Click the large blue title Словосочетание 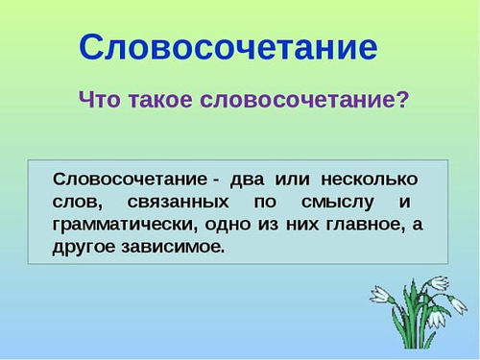(x=228, y=45)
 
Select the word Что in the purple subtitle (x=99, y=100)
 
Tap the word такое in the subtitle (x=164, y=100)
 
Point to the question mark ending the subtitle (x=402, y=100)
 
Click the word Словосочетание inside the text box (x=130, y=180)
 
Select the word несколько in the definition (x=369, y=180)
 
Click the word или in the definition (x=291, y=180)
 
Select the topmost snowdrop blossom (x=440, y=283)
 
